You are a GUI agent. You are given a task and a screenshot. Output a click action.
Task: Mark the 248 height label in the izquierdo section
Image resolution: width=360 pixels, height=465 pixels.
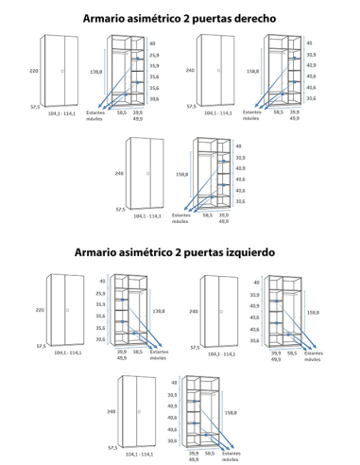point(111,412)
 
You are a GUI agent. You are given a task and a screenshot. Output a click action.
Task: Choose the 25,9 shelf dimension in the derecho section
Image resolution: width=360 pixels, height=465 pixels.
point(154,56)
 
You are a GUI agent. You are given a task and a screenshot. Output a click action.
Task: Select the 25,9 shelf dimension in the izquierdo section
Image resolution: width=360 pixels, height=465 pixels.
point(101,294)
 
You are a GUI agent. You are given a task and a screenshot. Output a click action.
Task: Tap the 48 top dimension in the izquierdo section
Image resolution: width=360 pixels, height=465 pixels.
point(174,382)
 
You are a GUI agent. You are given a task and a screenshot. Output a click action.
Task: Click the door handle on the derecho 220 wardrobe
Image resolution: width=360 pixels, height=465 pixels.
point(63,72)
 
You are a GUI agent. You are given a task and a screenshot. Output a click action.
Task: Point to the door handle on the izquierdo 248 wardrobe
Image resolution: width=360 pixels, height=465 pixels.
point(138,412)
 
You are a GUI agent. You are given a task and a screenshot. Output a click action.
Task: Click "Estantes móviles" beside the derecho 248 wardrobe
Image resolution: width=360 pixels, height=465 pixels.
point(180,217)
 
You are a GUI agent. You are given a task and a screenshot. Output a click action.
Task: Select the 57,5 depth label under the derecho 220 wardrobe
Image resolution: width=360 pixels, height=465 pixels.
point(34,108)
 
